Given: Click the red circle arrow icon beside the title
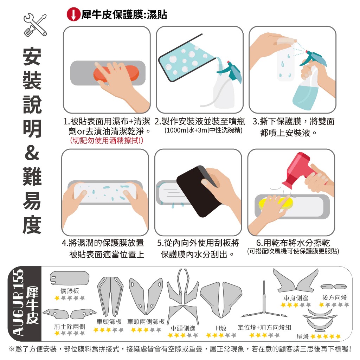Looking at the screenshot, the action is (x=73, y=14).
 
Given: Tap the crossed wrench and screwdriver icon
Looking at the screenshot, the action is (x=35, y=25).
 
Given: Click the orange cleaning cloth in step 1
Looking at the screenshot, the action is (x=116, y=73).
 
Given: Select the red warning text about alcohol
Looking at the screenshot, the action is (x=107, y=140).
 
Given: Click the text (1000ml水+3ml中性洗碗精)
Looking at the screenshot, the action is (x=204, y=130).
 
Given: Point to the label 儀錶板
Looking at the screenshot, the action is (x=70, y=291).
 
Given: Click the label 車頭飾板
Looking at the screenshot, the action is (x=109, y=321).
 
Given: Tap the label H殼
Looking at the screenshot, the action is (x=221, y=328).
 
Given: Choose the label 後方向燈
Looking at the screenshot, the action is (x=334, y=297).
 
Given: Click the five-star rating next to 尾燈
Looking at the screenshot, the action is (x=325, y=336).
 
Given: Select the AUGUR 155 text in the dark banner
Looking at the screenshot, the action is (x=18, y=303).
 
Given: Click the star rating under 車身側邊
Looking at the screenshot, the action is (x=296, y=305).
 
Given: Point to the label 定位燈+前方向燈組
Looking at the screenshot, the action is (x=264, y=327).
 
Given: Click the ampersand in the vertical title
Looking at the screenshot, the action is (x=32, y=153).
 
